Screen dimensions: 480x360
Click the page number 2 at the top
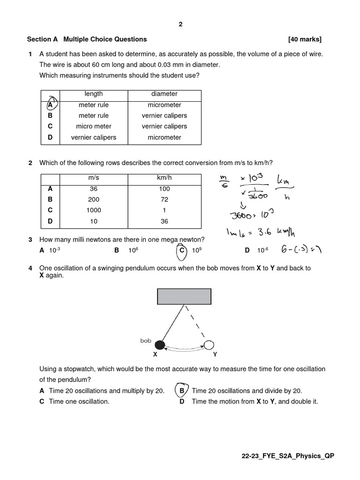click(x=180, y=24)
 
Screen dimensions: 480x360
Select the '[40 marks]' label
click(x=305, y=39)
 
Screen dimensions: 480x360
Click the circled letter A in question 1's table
click(x=51, y=105)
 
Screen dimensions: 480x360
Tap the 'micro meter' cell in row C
click(x=94, y=127)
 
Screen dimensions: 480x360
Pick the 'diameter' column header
click(x=164, y=94)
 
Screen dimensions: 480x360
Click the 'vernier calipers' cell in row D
click(x=94, y=138)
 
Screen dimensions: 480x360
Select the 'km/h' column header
click(x=164, y=178)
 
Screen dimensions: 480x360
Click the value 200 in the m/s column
click(x=94, y=200)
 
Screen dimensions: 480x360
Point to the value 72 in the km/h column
click(x=164, y=200)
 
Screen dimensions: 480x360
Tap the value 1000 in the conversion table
click(x=94, y=210)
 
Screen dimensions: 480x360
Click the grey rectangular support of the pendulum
click(x=184, y=297)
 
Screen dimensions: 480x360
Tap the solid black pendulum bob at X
click(x=160, y=345)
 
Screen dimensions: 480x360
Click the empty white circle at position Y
click(x=209, y=345)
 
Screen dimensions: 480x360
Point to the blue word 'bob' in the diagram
click(x=146, y=341)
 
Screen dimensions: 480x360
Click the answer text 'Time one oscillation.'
click(x=79, y=402)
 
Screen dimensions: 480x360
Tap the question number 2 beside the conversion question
click(x=30, y=163)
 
